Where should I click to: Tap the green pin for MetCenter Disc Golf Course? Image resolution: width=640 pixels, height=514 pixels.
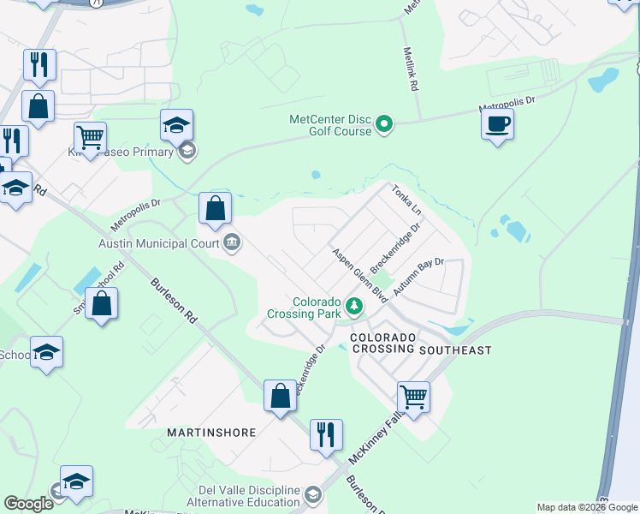click(x=384, y=125)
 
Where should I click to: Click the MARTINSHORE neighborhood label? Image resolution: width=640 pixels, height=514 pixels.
click(x=211, y=433)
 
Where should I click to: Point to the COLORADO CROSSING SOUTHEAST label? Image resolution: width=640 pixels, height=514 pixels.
click(x=420, y=344)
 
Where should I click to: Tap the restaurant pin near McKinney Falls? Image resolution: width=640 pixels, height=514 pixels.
click(x=325, y=435)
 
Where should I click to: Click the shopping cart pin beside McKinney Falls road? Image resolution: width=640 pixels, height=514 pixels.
click(x=413, y=397)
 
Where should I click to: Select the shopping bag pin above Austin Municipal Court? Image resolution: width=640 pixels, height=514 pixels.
click(x=216, y=208)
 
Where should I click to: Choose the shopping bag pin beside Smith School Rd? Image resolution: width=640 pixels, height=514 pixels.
click(x=101, y=304)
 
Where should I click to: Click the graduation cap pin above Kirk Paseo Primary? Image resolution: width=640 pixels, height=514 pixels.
click(x=176, y=126)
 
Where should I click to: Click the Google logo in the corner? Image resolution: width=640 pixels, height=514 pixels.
click(x=28, y=504)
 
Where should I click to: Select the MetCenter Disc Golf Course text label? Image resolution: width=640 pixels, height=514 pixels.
click(x=330, y=125)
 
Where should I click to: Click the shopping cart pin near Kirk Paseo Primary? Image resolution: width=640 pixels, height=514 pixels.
click(x=90, y=137)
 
